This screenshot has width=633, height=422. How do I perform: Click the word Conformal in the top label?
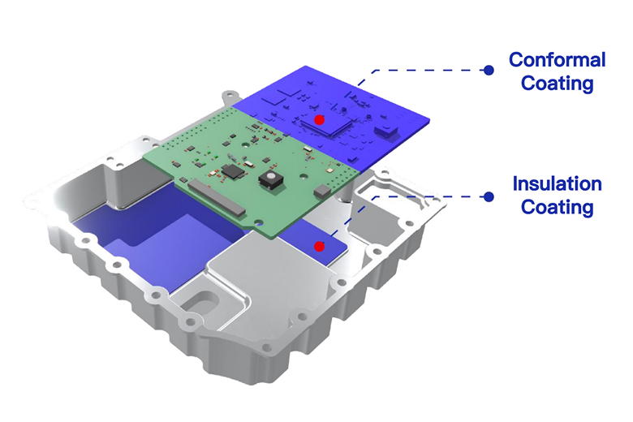(557, 60)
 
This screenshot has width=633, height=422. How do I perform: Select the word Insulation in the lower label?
(557, 183)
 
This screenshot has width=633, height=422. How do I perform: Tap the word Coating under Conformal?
(557, 84)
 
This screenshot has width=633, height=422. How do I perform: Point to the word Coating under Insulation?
(557, 208)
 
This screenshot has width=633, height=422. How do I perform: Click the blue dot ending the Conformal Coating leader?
(489, 71)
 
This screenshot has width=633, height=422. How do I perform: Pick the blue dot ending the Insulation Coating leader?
(489, 196)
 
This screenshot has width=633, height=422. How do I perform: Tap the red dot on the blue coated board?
(319, 119)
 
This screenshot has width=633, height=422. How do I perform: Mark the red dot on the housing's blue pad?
(319, 246)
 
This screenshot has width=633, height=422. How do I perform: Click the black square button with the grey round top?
(269, 179)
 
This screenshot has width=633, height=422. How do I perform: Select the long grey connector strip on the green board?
(217, 197)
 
